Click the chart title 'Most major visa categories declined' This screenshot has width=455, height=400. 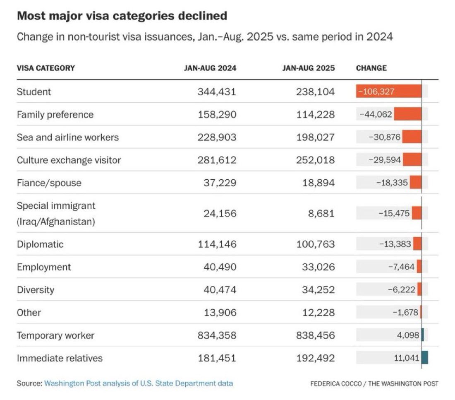pos(122,16)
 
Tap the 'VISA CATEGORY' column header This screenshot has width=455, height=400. pos(46,68)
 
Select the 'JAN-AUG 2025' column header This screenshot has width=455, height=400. pos(309,68)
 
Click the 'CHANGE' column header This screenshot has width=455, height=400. pos(371,68)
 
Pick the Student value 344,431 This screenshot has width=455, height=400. pos(217,92)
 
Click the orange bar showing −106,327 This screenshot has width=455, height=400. pos(389,91)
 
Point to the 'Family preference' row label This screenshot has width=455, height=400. pos(55,115)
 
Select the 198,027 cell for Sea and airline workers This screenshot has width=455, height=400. pos(316,137)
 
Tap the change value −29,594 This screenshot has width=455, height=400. pos(385,160)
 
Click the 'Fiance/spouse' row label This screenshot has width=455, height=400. pos(49,183)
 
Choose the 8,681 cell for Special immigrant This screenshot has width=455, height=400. pos(321,214)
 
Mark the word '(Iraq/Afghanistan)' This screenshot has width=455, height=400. pos(56,222)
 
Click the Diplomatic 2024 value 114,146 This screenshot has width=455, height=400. pos(217,244)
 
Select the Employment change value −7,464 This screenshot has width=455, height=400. pos(401,266)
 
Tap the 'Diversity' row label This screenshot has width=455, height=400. pos(36,290)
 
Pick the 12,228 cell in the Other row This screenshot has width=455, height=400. pos(318,313)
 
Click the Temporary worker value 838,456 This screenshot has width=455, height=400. pos(316,335)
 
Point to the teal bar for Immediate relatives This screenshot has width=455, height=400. pos(425,358)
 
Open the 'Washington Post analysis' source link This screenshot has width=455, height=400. pos(139,383)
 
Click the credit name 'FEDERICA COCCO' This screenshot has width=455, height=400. pos(336,384)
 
